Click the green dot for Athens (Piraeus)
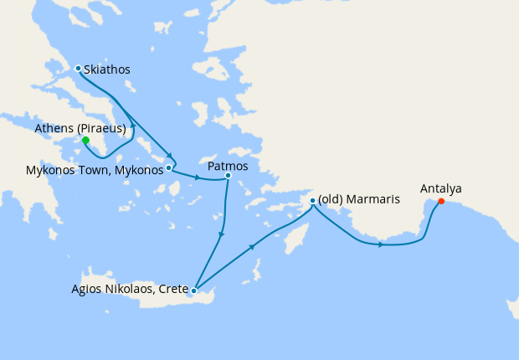(85, 141)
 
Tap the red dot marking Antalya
(440, 201)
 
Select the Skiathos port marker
(78, 69)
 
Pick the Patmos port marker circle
(228, 176)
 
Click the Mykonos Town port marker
(169, 167)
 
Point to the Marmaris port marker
(312, 201)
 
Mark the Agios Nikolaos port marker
(193, 291)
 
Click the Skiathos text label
(107, 69)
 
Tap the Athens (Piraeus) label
(80, 128)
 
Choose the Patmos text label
(228, 166)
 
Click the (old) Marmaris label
(359, 200)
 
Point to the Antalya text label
(440, 188)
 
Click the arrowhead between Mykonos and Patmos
(196, 177)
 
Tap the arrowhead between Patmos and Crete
(220, 235)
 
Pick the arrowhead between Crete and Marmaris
(252, 248)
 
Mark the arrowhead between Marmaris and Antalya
(381, 244)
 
